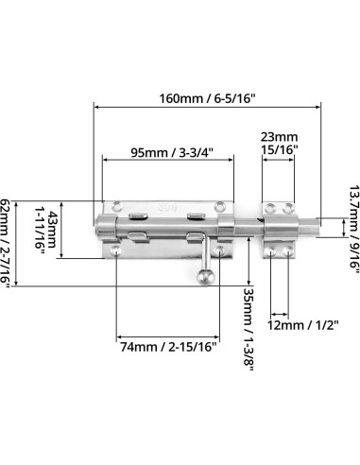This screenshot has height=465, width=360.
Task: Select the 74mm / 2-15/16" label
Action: [168, 347]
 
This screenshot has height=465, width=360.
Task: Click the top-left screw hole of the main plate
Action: [118, 203]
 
